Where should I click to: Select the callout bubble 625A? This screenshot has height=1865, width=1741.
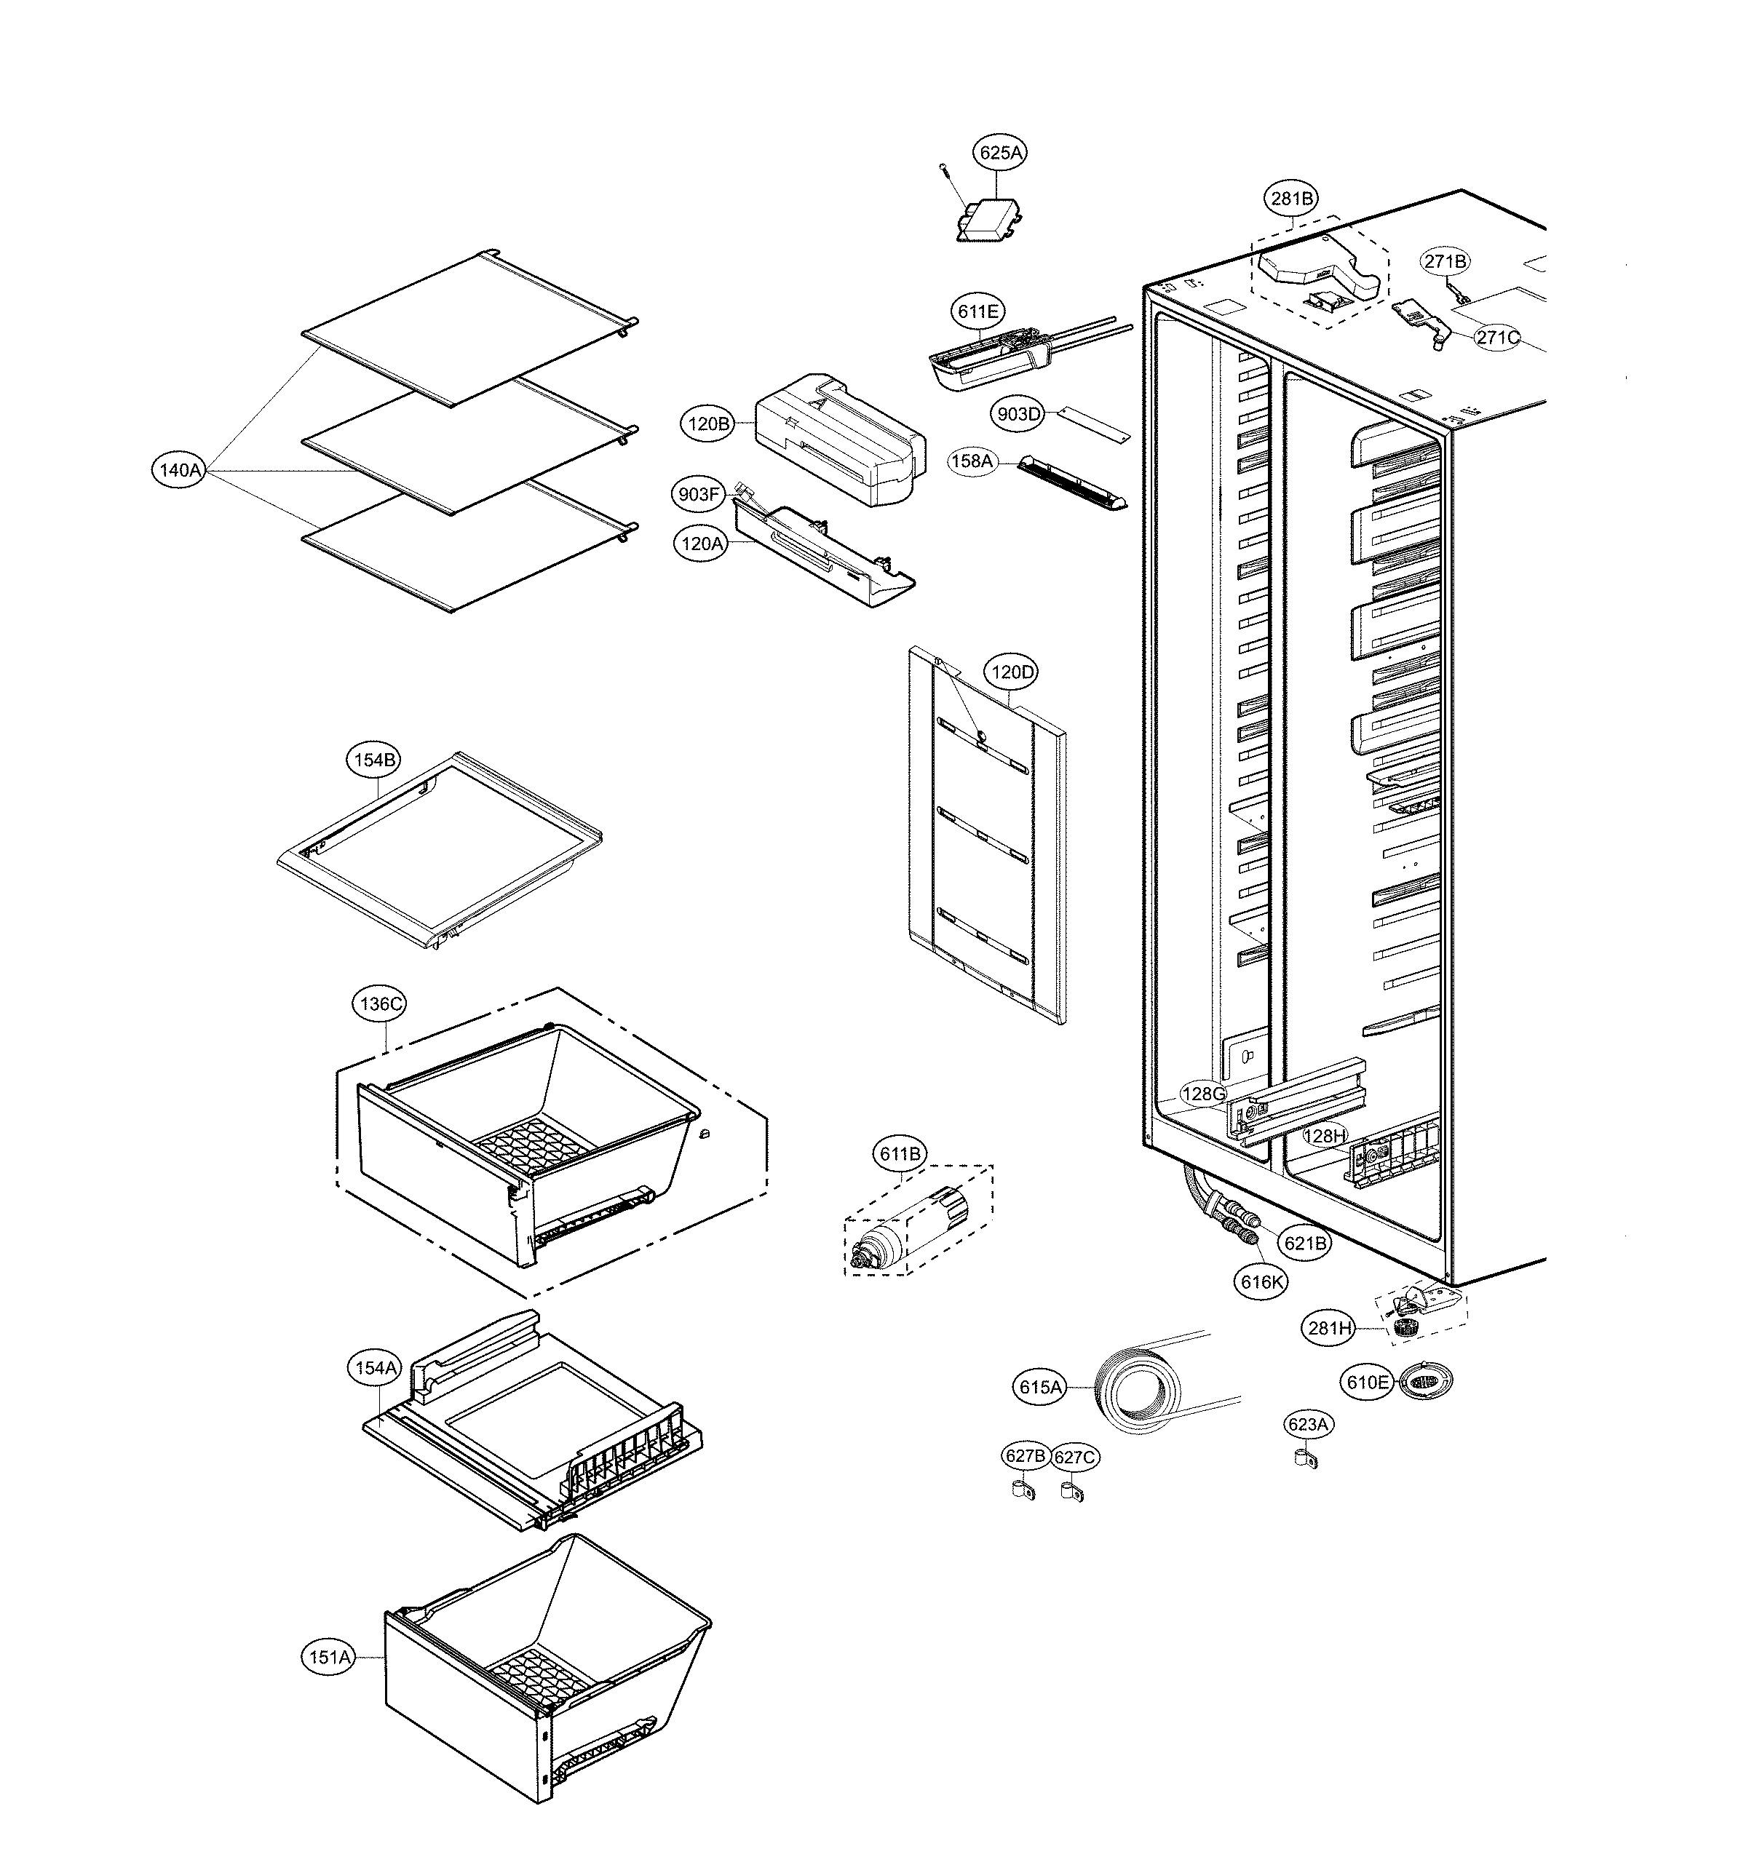pos(1001,153)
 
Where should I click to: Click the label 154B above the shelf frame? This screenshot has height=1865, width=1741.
pos(375,760)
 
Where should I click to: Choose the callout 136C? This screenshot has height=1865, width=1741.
pos(382,1003)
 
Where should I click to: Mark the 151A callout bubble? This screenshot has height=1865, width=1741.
pos(330,1658)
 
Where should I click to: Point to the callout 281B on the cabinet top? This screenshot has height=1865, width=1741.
pos(1291,199)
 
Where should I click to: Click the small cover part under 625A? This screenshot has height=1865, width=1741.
pos(989,223)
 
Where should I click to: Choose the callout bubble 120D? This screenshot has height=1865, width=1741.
pos(1012,672)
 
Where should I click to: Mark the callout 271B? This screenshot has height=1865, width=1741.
pos(1445,262)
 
